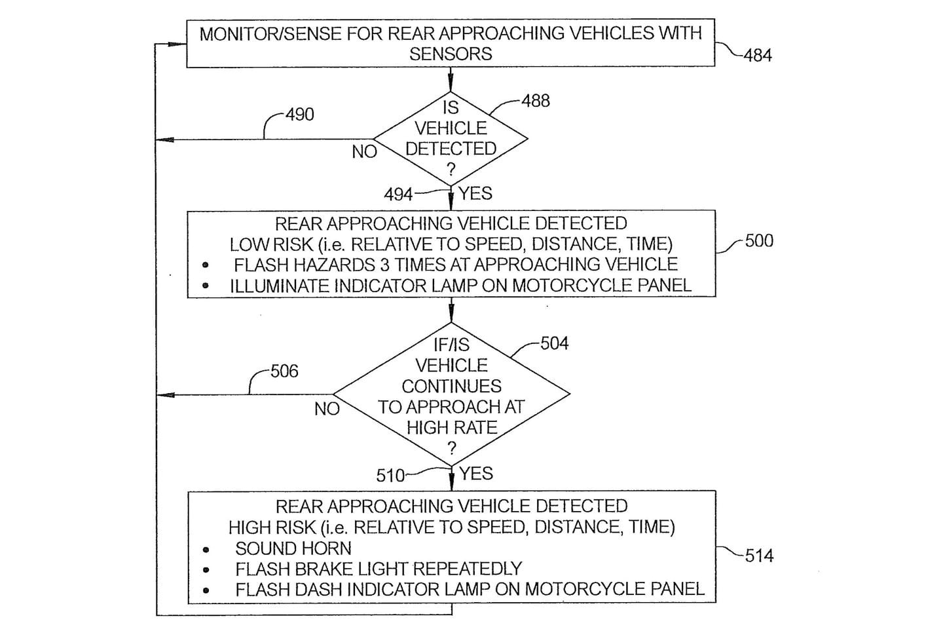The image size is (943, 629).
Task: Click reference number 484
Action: click(x=758, y=56)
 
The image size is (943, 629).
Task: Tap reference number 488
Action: click(x=536, y=101)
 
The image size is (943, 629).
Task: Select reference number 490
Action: click(x=300, y=115)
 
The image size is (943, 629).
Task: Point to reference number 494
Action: click(x=398, y=195)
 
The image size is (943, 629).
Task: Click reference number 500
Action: click(x=759, y=241)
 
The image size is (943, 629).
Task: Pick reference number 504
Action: click(x=554, y=343)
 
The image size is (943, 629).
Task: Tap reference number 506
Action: click(x=284, y=372)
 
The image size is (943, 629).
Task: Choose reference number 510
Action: click(x=390, y=475)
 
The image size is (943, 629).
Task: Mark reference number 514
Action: click(x=759, y=556)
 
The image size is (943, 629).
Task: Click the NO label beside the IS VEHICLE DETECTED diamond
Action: click(x=364, y=152)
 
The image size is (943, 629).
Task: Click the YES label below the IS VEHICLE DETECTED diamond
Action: click(x=475, y=193)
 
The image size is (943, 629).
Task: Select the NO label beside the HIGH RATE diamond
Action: click(x=327, y=409)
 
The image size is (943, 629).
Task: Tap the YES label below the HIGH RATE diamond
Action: click(x=476, y=473)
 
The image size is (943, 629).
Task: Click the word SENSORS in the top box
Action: click(x=451, y=54)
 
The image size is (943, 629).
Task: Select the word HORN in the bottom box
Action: click(x=325, y=548)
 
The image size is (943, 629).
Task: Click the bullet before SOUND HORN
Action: click(x=206, y=550)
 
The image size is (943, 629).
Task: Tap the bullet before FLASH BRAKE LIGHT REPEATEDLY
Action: click(x=206, y=570)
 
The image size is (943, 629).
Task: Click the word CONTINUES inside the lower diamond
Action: click(x=451, y=386)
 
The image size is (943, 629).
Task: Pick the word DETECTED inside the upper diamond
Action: click(x=451, y=149)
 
